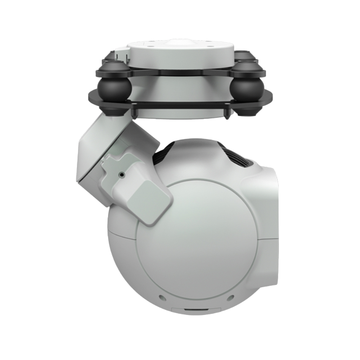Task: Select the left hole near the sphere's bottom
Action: [161, 297]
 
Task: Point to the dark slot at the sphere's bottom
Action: [195, 310]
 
